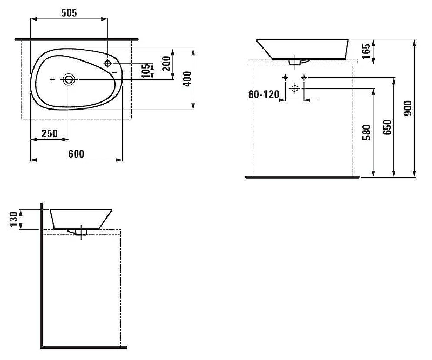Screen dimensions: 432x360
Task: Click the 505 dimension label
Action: (x=69, y=12)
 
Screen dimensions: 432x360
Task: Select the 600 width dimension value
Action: (x=76, y=154)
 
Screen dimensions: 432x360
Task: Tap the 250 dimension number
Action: (x=50, y=134)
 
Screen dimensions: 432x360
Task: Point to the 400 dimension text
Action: (x=187, y=79)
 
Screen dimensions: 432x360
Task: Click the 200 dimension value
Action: (x=166, y=64)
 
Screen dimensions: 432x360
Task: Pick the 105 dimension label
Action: (x=146, y=71)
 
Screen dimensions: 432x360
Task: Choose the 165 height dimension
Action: (x=366, y=51)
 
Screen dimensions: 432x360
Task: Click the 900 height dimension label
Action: (x=408, y=108)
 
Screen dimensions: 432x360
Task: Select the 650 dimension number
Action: (x=387, y=127)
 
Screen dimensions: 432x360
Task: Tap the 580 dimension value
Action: (x=367, y=132)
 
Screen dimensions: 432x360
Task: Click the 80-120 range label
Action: (x=264, y=94)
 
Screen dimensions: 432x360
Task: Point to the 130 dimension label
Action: (x=14, y=219)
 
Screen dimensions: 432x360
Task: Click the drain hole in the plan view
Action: (x=69, y=79)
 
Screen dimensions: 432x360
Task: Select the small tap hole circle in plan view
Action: (x=107, y=64)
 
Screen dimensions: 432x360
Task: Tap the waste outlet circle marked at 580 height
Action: (x=295, y=88)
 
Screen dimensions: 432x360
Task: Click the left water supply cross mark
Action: (x=286, y=77)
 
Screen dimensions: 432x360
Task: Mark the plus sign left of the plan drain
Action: (x=52, y=79)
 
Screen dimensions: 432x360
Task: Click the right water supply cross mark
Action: (x=304, y=78)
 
